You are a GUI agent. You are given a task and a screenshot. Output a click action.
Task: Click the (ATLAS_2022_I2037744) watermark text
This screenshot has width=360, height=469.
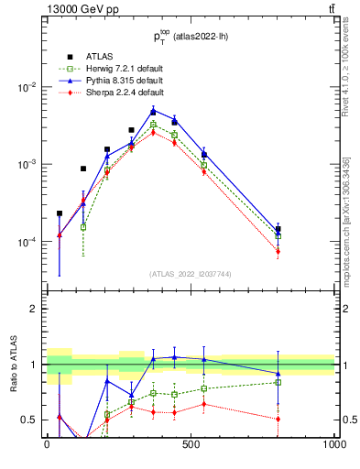191,273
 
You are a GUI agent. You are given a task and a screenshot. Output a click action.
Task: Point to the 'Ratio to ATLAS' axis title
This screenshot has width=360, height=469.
14,364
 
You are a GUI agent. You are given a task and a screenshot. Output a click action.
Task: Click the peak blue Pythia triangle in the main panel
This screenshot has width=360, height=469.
153,111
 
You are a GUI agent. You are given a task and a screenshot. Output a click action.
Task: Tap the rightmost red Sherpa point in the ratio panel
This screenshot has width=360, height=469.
278,419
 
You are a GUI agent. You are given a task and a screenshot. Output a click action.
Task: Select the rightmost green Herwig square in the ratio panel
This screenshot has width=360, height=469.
278,382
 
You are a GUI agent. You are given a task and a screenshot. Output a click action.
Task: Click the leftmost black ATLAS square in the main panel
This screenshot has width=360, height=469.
60,213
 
